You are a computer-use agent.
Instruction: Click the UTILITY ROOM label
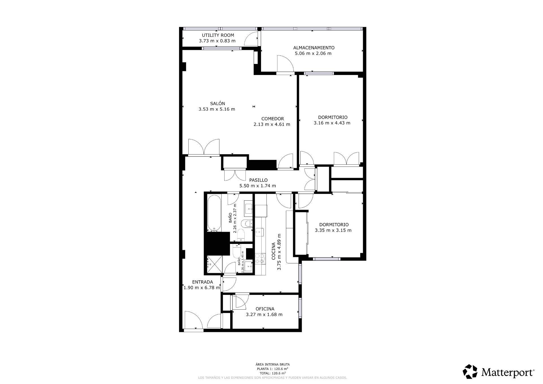218,35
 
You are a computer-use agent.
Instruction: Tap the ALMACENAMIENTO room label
314,48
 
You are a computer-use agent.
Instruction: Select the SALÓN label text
217,104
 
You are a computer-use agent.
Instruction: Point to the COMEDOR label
272,119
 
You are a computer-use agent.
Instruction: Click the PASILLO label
258,180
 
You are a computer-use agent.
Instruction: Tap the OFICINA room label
265,309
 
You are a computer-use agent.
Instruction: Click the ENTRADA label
202,282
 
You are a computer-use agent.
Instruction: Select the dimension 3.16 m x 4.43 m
332,123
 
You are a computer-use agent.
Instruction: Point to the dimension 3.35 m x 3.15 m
333,230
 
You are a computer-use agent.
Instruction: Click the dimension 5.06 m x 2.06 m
313,53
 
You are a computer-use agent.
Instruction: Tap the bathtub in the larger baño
214,213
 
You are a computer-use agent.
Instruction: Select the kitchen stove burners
260,258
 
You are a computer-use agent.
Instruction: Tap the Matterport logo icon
470,372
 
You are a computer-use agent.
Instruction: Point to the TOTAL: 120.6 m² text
272,373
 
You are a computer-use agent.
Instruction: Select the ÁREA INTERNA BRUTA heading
272,364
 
